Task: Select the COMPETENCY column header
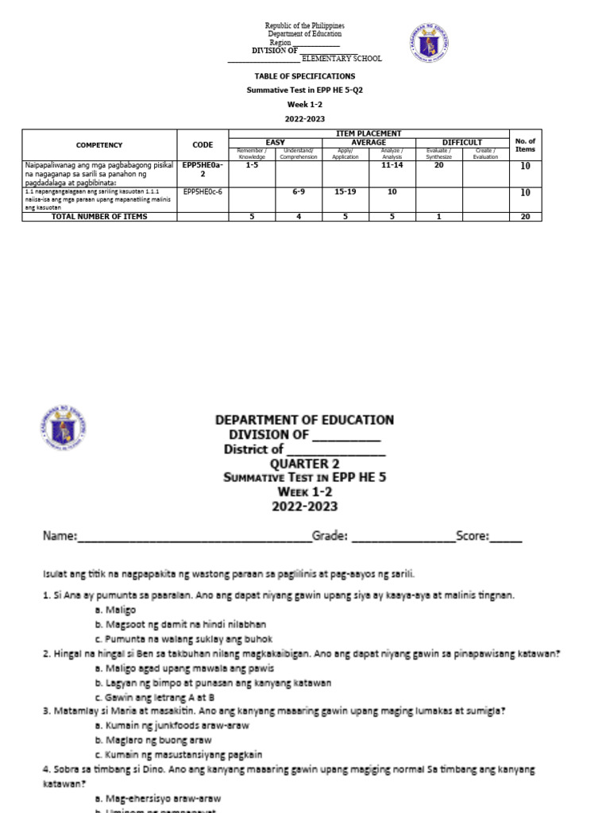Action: tap(99, 145)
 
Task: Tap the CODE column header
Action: tap(203, 145)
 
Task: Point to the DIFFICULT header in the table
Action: tap(462, 142)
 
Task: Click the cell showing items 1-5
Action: tap(253, 165)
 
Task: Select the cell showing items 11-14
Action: tap(392, 165)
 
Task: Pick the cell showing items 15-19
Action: tap(346, 191)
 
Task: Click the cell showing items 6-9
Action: tap(299, 191)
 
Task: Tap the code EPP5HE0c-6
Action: tap(203, 191)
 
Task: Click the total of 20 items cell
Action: tap(525, 217)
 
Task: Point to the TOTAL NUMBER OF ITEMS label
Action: tap(99, 217)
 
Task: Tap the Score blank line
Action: tap(507, 538)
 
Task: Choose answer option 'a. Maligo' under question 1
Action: tap(116, 610)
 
